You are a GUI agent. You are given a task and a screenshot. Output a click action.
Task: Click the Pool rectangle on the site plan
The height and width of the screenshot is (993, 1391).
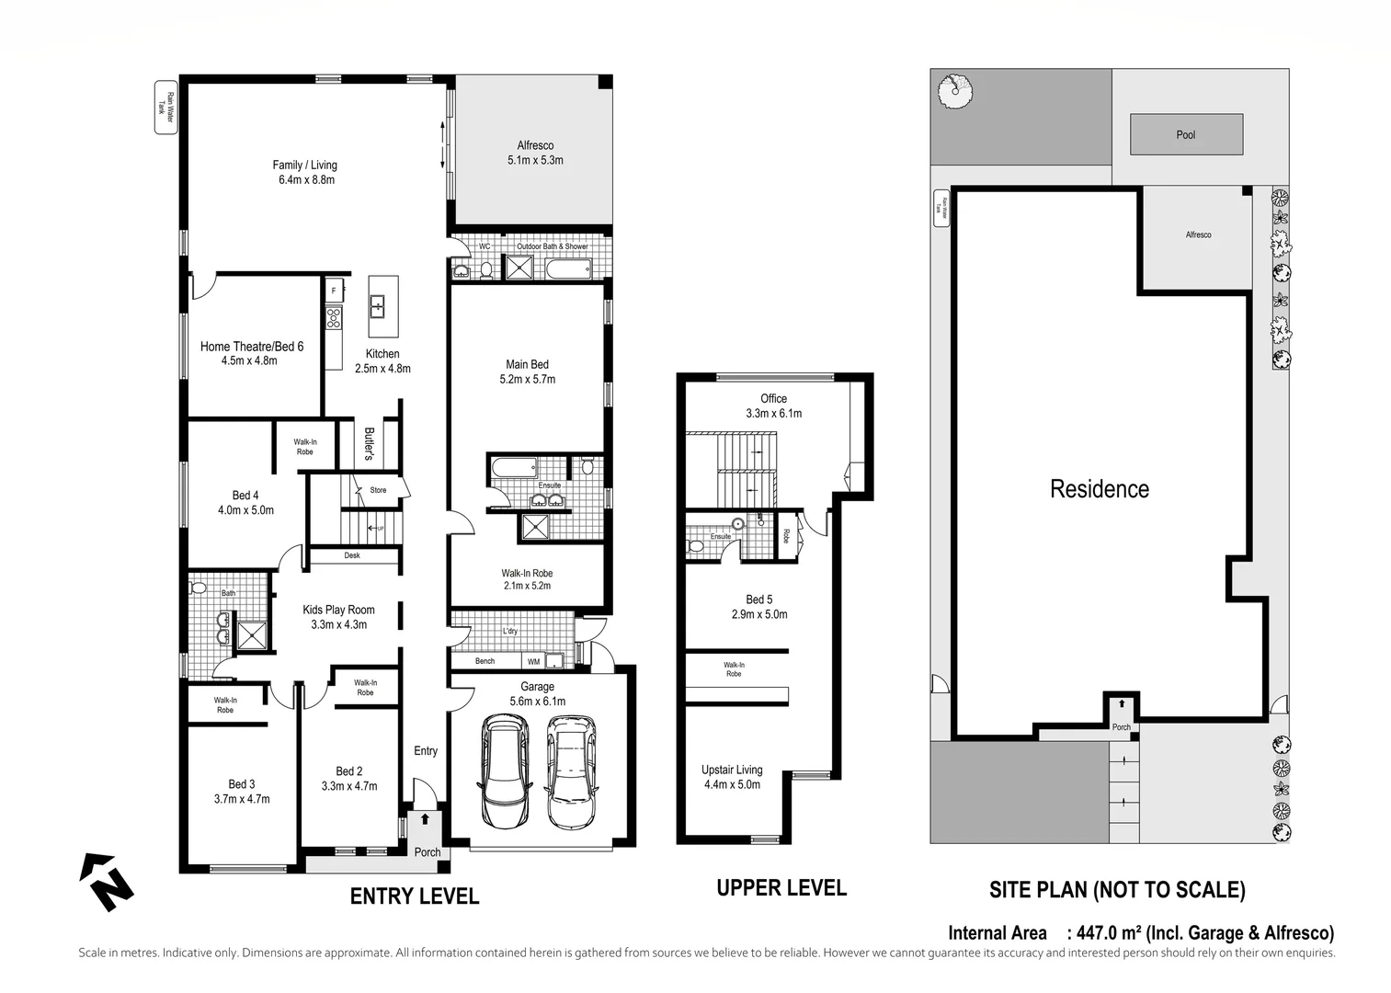(x=1186, y=134)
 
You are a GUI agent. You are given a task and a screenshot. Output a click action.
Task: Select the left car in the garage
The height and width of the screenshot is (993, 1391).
(x=501, y=772)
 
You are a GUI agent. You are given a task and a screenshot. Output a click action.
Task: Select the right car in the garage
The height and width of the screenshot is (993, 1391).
(x=570, y=772)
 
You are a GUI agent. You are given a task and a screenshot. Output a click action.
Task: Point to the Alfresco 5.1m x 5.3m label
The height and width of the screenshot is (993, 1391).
(x=535, y=153)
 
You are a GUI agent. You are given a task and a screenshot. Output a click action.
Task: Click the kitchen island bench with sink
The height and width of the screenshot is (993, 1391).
(x=382, y=306)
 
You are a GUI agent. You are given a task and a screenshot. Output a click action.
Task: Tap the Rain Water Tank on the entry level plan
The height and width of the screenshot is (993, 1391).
(x=165, y=109)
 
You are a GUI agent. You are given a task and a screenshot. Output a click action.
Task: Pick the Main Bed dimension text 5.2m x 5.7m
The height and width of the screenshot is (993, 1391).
(x=528, y=379)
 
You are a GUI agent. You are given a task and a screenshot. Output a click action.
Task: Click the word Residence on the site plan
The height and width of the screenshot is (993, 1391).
(x=1100, y=489)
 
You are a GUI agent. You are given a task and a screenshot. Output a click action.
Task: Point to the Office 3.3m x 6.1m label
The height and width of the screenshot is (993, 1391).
(x=773, y=405)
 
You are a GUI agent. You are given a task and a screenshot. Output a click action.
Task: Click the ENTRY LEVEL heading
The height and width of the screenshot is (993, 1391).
(x=414, y=896)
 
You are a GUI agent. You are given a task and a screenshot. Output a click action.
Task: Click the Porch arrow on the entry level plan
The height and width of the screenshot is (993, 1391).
(x=425, y=818)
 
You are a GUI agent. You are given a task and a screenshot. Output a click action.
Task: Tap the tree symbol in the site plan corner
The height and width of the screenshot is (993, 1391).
(x=955, y=90)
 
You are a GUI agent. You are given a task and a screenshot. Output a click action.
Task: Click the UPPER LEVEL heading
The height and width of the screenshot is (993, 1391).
(x=781, y=888)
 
